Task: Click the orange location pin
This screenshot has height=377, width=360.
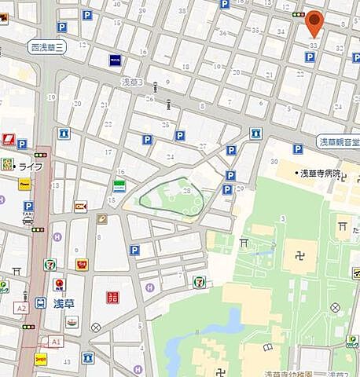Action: (x=314, y=24)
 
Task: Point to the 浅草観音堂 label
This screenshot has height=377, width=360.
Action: (x=338, y=142)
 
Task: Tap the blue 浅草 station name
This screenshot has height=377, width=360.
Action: (x=63, y=302)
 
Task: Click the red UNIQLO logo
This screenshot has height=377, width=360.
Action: (x=111, y=298)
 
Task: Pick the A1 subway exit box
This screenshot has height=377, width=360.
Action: (x=55, y=342)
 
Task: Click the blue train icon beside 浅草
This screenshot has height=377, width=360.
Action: (x=41, y=302)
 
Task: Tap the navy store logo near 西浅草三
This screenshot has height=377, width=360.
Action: (x=115, y=60)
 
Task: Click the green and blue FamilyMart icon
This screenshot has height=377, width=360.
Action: (x=119, y=185)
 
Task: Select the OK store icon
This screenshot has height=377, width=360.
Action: (x=80, y=207)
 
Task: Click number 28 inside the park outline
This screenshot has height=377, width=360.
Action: (x=186, y=191)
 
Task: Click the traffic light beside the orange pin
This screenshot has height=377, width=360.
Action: (x=297, y=15)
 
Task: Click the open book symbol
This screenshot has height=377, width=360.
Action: (x=102, y=218)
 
